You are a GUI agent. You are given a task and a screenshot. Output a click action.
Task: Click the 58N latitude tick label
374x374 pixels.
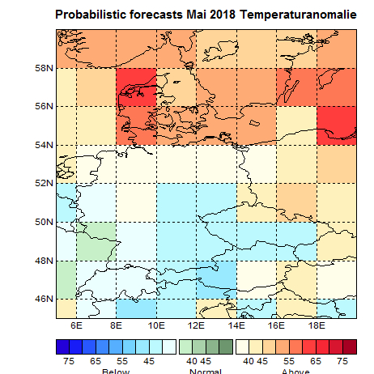tap(44, 68)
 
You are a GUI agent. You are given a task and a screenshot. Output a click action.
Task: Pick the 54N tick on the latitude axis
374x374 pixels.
tap(44, 145)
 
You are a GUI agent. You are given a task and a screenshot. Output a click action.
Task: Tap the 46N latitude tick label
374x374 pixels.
tap(44, 300)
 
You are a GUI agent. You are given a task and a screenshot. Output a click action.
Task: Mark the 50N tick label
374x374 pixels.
tap(44, 222)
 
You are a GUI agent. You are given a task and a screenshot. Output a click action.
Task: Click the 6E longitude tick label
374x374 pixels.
tap(77, 325)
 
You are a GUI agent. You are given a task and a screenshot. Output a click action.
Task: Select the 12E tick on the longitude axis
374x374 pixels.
tap(196, 325)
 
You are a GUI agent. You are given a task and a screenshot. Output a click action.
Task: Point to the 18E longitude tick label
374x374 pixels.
tap(316, 325)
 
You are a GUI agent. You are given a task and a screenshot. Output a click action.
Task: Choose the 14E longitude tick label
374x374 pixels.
tap(236, 325)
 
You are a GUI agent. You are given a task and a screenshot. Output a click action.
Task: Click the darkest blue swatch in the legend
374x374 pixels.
tap(62, 346)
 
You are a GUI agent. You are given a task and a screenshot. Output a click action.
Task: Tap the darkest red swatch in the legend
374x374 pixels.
tap(349, 346)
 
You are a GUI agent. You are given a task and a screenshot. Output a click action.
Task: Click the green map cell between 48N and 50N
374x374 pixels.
tap(96, 240)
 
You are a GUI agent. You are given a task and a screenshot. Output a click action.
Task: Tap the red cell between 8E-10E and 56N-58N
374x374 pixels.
tap(137, 87)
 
